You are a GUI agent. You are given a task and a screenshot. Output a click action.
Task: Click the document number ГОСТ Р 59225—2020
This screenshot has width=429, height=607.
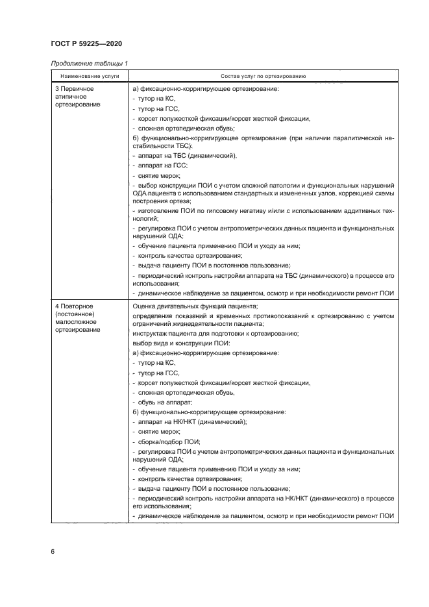coord(86,43)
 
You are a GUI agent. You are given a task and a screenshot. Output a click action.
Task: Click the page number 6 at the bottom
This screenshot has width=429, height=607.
coord(53,551)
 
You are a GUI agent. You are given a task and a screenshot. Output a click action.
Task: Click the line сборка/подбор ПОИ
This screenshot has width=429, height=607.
coord(166,441)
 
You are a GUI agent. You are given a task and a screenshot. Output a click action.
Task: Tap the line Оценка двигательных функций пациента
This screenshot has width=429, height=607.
coord(195,306)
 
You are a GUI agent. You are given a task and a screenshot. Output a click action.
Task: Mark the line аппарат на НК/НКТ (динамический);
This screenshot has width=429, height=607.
coord(190,421)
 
